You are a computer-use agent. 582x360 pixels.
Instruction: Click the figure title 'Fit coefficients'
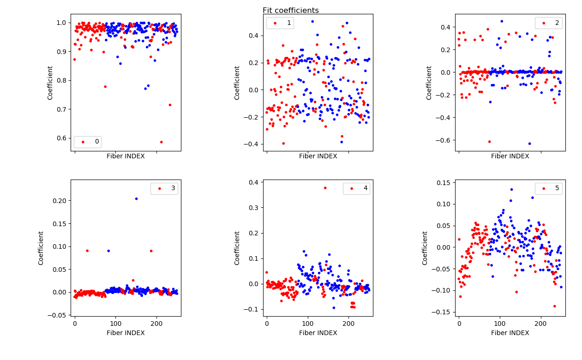point(290,11)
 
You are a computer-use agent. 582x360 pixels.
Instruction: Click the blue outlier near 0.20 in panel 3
point(136,198)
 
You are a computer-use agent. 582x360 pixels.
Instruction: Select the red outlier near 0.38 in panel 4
point(325,188)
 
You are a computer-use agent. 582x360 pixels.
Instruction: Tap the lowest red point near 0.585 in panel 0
point(161,142)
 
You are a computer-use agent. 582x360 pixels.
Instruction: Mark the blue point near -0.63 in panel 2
point(529,144)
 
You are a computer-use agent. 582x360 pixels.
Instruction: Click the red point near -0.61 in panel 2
point(489,142)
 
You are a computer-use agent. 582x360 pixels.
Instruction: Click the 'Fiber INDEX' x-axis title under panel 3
point(126,333)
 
